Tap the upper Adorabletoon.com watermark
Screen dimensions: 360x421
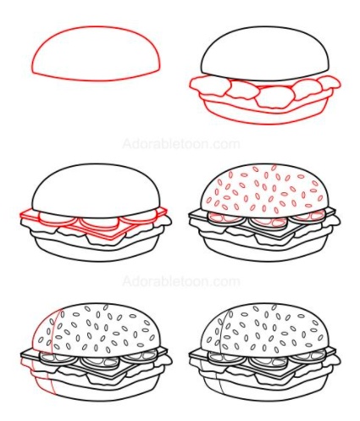coord(181,144)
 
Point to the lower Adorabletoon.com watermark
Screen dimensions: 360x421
coord(181,281)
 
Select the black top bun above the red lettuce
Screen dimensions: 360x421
coord(265,53)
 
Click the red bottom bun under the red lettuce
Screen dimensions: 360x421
coord(265,114)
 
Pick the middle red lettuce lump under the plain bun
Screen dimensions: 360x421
coord(272,97)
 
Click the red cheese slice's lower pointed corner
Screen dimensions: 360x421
coord(111,239)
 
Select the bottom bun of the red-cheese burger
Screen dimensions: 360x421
coord(96,252)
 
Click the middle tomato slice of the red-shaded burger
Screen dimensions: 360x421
coord(99,362)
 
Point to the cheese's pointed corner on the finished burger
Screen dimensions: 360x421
coord(280,379)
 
